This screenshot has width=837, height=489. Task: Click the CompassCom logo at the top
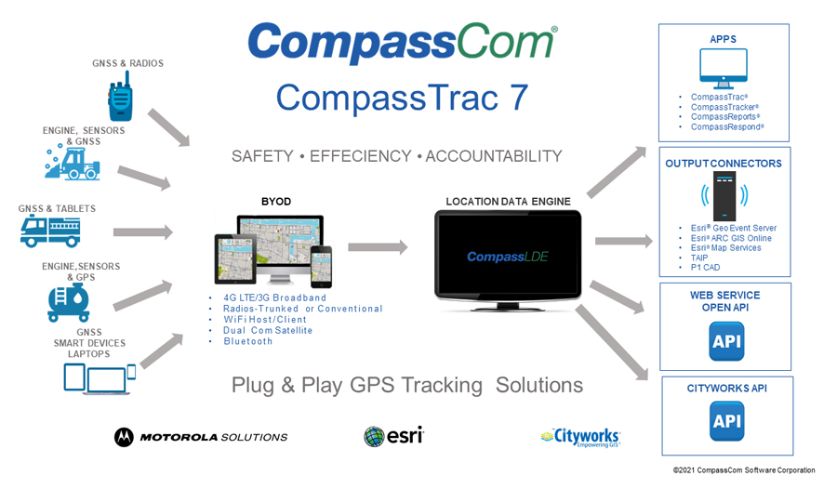(402, 44)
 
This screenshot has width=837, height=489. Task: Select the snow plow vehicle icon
(73, 164)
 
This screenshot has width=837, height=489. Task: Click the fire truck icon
(50, 231)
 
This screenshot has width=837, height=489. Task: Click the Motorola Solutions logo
(201, 436)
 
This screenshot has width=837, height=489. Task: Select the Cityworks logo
(579, 436)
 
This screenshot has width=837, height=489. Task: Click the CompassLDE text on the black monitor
(507, 257)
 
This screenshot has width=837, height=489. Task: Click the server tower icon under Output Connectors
(724, 196)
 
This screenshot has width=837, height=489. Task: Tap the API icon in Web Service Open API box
(725, 341)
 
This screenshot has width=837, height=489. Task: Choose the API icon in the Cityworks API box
(725, 421)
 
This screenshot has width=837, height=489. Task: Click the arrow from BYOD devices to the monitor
(378, 247)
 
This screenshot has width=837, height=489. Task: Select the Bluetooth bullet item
(248, 341)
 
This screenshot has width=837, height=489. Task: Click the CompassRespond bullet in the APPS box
(726, 127)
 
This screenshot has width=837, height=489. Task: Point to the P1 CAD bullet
(706, 268)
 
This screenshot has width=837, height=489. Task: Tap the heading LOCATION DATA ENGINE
(508, 202)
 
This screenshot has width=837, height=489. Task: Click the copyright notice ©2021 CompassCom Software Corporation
(744, 470)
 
